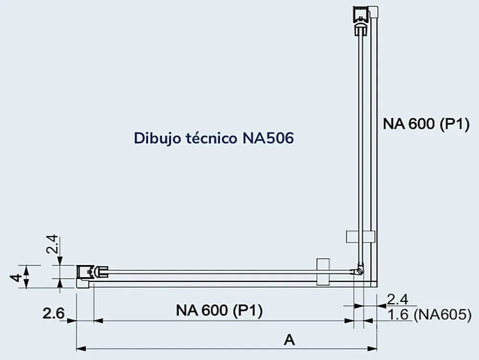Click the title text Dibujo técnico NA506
coord(214,138)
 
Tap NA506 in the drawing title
coord(268,138)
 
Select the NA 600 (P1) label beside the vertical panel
coord(426,124)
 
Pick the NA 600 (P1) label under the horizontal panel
coord(219,311)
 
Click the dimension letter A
coord(289,339)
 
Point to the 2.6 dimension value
coord(54,314)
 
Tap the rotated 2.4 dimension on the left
coord(52,244)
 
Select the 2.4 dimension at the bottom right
coord(398,300)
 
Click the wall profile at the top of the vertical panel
coord(365,21)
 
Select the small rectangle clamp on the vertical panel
coord(361,236)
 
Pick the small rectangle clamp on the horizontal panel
coord(323,272)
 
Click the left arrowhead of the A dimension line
coord(81,348)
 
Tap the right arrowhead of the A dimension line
coord(372,348)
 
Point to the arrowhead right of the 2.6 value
coord(71,321)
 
